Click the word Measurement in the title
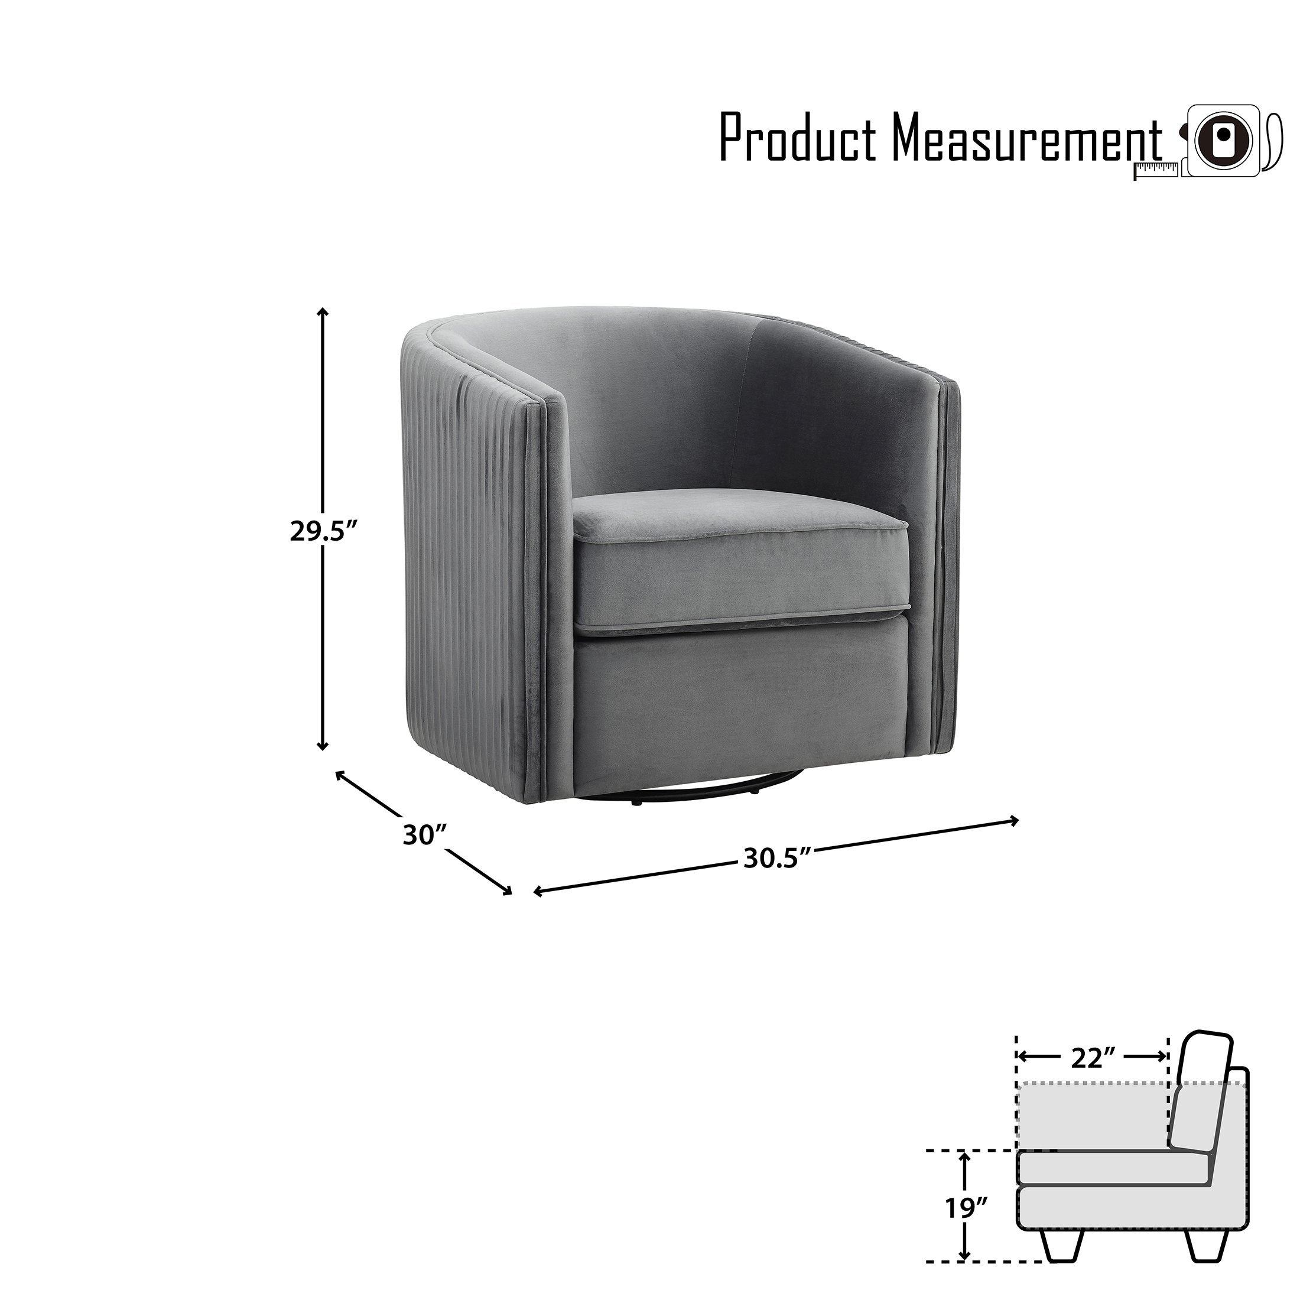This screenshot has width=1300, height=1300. point(1028,138)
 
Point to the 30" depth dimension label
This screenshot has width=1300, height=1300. point(425,835)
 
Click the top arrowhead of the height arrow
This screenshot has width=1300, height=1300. point(323,313)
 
